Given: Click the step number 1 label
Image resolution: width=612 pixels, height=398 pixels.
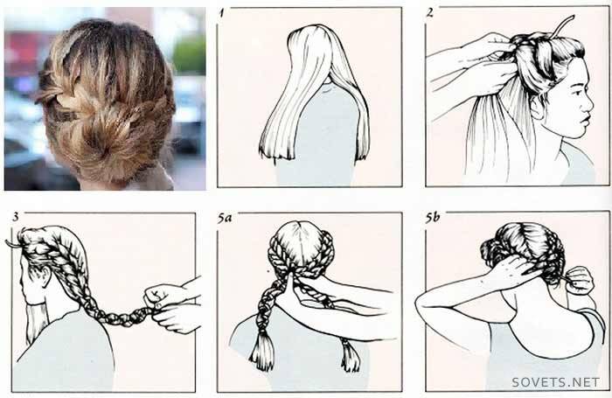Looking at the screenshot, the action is tap(222, 14).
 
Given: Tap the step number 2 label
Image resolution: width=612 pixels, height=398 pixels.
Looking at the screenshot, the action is tap(430, 13).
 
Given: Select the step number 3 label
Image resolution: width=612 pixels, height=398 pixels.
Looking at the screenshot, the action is tap(16, 217).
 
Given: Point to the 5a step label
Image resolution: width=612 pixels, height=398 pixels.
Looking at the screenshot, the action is tap(225, 218).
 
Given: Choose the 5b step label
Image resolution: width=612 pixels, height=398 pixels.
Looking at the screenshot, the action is tap(433, 218).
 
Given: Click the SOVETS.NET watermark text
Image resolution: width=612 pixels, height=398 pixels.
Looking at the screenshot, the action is tap(555, 382).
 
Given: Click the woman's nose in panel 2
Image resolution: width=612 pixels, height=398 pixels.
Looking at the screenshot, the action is tap(588, 104).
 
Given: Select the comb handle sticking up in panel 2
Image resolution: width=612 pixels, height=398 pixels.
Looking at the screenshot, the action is tap(562, 26).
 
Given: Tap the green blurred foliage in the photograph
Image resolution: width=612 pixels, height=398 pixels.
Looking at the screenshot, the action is tap(190, 55).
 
